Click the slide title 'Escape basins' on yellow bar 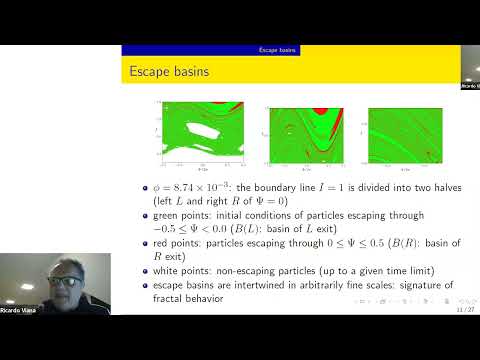click(x=167, y=72)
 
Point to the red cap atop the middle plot click(x=318, y=111)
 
